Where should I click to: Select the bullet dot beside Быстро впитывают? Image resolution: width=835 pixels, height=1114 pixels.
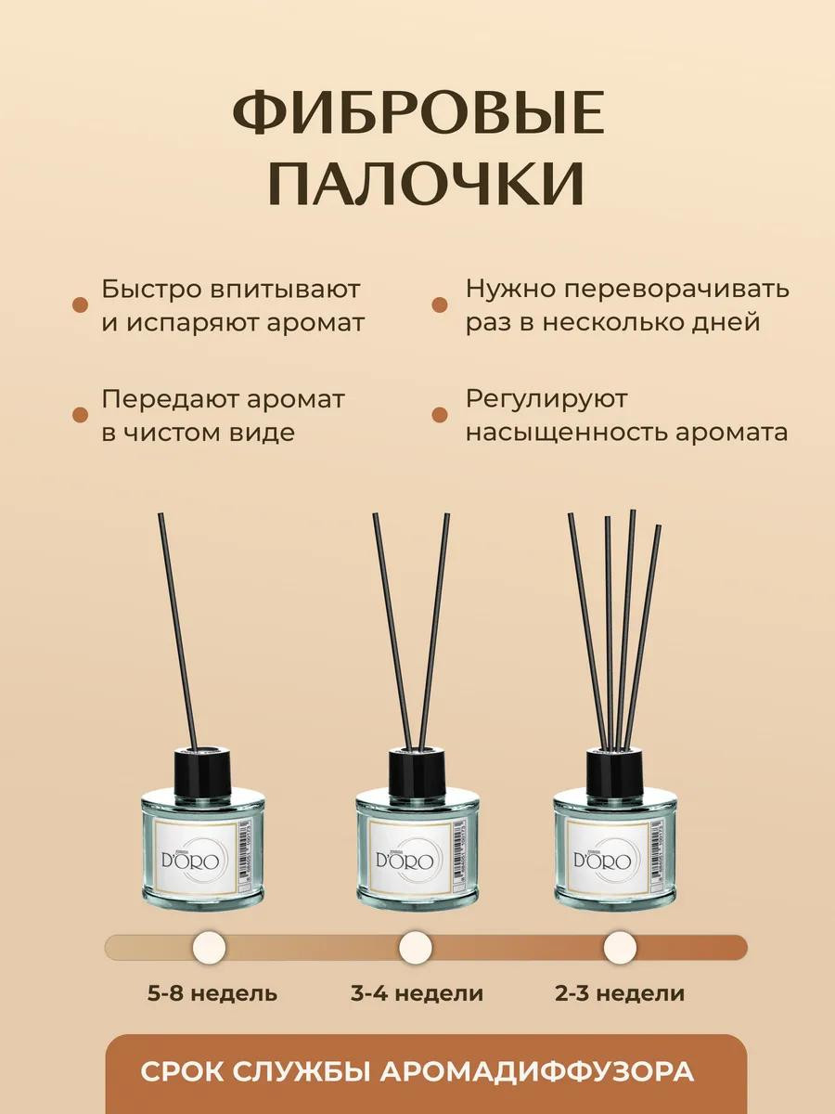click(80, 305)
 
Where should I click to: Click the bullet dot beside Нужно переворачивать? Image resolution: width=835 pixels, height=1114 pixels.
click(439, 305)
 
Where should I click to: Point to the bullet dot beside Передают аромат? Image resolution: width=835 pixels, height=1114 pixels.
click(80, 415)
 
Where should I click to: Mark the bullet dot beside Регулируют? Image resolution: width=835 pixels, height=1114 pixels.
click(439, 415)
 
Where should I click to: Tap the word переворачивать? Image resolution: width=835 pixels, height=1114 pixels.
click(677, 290)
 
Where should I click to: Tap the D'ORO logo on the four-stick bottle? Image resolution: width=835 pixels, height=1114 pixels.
click(602, 861)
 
